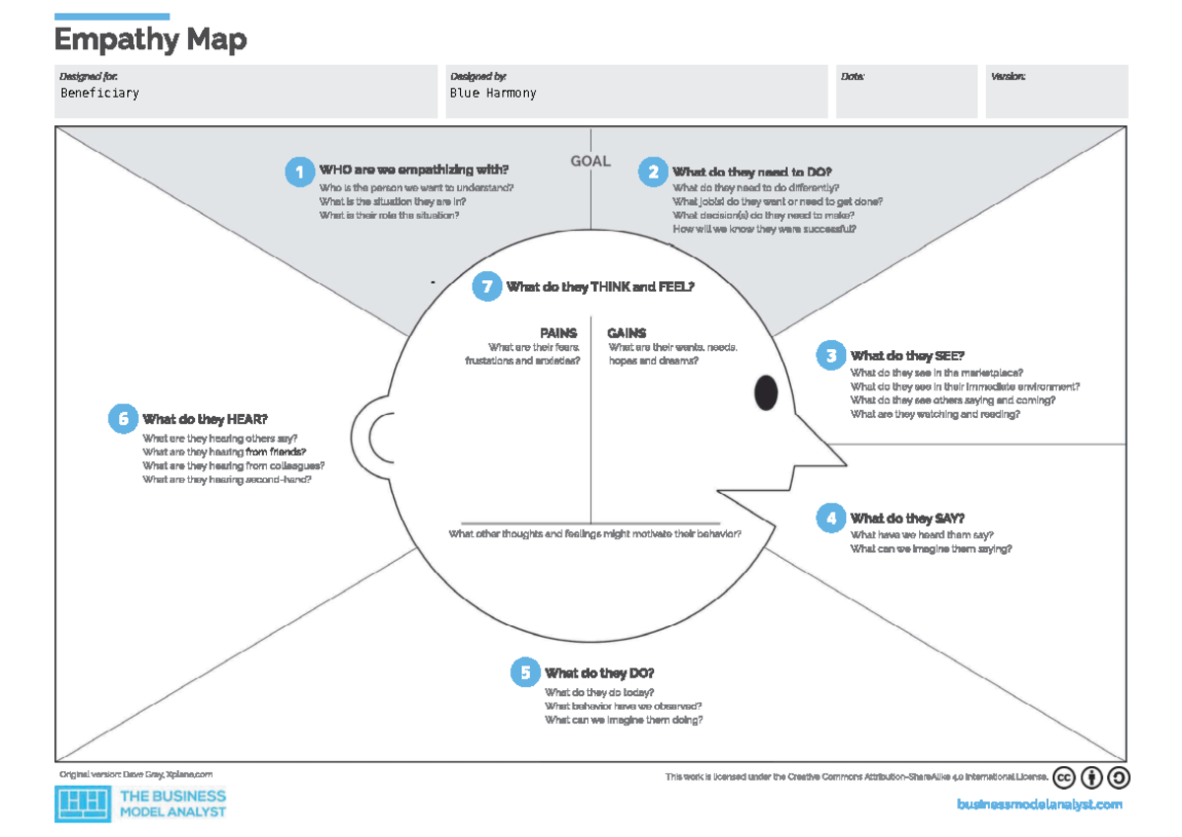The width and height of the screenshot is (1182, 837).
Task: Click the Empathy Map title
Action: [x=150, y=40]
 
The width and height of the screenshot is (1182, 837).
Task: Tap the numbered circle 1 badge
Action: [x=298, y=172]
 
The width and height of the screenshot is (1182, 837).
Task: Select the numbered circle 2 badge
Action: [x=651, y=172]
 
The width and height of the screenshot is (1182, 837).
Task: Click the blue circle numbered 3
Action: [x=830, y=356]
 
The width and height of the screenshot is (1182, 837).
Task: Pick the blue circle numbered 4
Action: [x=830, y=518]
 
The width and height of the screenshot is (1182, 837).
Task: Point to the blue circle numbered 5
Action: [x=525, y=673]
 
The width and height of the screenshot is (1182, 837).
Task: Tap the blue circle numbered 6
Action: [x=123, y=419]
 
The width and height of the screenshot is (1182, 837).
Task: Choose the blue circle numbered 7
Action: [x=486, y=287]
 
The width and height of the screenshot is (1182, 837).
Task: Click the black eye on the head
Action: [x=765, y=393]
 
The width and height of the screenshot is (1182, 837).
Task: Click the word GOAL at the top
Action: [x=590, y=161]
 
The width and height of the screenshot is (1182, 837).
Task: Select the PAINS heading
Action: [x=558, y=333]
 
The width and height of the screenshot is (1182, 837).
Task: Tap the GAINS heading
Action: [x=626, y=333]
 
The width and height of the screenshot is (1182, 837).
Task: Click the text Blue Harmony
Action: [x=492, y=93]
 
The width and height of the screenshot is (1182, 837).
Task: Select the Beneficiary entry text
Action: [x=99, y=93]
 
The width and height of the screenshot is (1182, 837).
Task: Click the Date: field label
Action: [x=852, y=76]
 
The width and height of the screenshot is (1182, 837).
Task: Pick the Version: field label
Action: [x=1008, y=76]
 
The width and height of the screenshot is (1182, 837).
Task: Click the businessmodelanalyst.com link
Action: [x=1039, y=804]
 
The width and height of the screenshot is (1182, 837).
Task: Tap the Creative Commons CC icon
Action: [x=1064, y=778]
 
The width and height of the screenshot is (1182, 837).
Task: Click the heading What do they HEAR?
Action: [x=205, y=419]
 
